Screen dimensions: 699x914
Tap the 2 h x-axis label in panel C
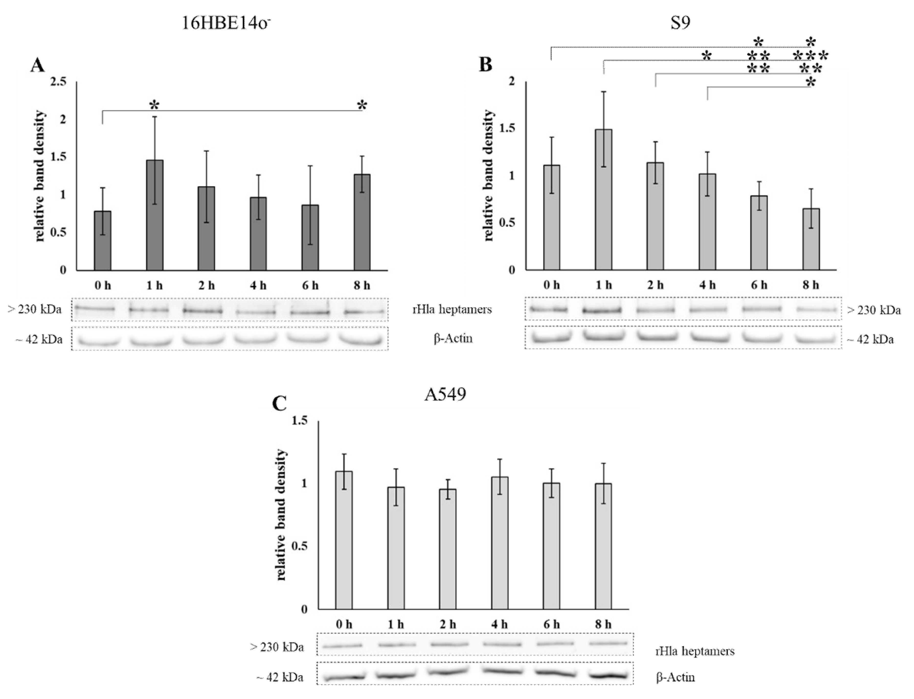coord(447,625)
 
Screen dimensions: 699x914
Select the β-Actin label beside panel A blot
coord(453,338)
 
